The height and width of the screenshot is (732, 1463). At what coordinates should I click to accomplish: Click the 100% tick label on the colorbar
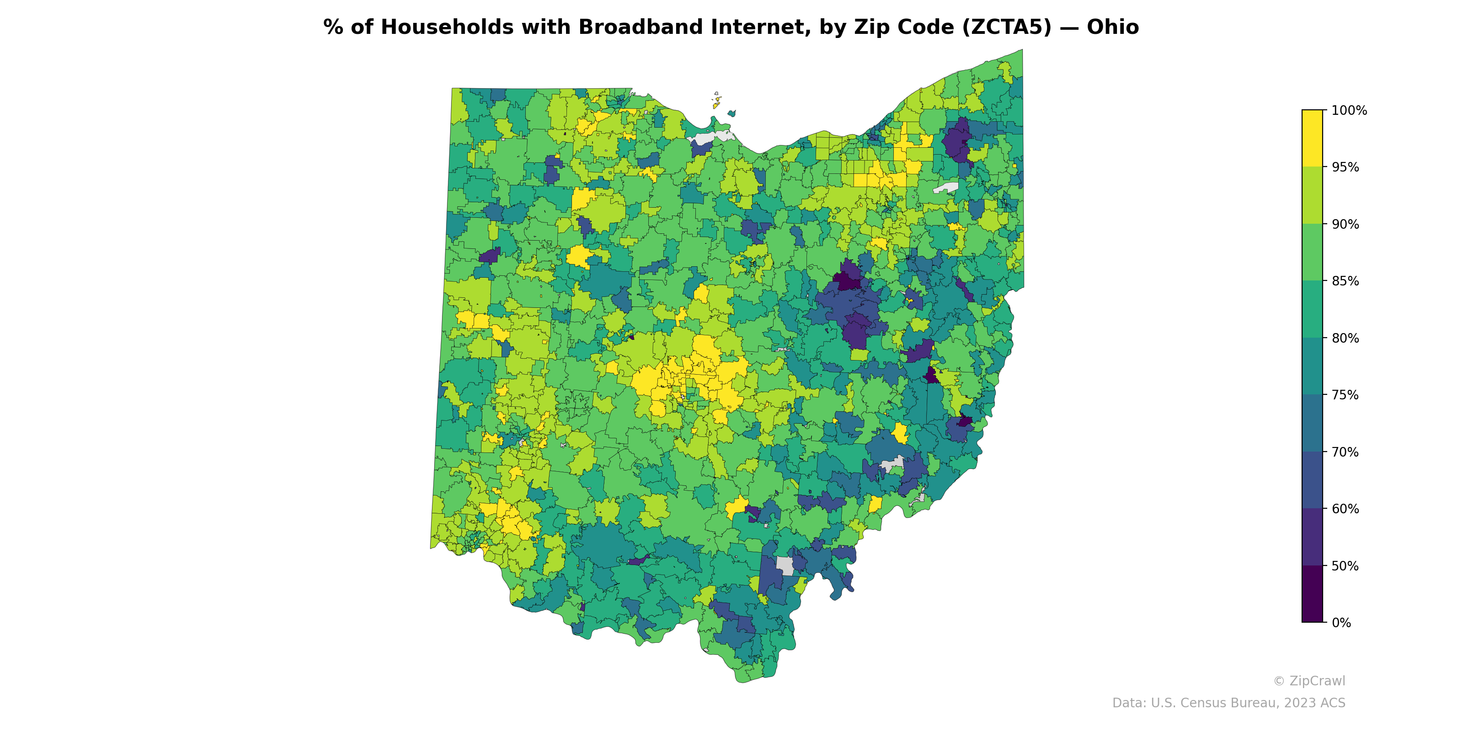[1349, 110]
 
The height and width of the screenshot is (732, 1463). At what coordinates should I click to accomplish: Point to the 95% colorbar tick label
[1345, 167]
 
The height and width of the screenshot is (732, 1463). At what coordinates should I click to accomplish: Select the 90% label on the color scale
[1345, 224]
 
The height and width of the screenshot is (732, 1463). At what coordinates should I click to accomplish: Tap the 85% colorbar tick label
[1345, 281]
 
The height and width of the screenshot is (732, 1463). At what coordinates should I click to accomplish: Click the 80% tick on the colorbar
[1345, 338]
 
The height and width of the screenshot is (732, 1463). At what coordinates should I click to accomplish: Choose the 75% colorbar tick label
[1345, 395]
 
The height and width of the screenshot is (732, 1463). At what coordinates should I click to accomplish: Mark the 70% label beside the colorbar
[1345, 452]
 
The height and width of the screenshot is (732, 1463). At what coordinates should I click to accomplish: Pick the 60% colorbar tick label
[1345, 509]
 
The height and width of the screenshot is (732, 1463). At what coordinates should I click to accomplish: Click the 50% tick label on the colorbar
[1345, 566]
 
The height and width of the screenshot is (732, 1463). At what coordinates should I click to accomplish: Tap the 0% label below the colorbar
[1341, 623]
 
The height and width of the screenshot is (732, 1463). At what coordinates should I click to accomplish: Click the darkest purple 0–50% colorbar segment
[1312, 594]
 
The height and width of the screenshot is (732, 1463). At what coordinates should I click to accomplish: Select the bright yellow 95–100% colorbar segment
[1312, 138]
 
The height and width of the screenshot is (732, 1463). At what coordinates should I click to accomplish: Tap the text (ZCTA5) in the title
[1006, 27]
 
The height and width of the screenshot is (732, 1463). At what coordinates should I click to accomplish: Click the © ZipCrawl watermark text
[1308, 681]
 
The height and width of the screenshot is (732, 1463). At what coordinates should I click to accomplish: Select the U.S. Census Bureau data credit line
[1228, 703]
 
